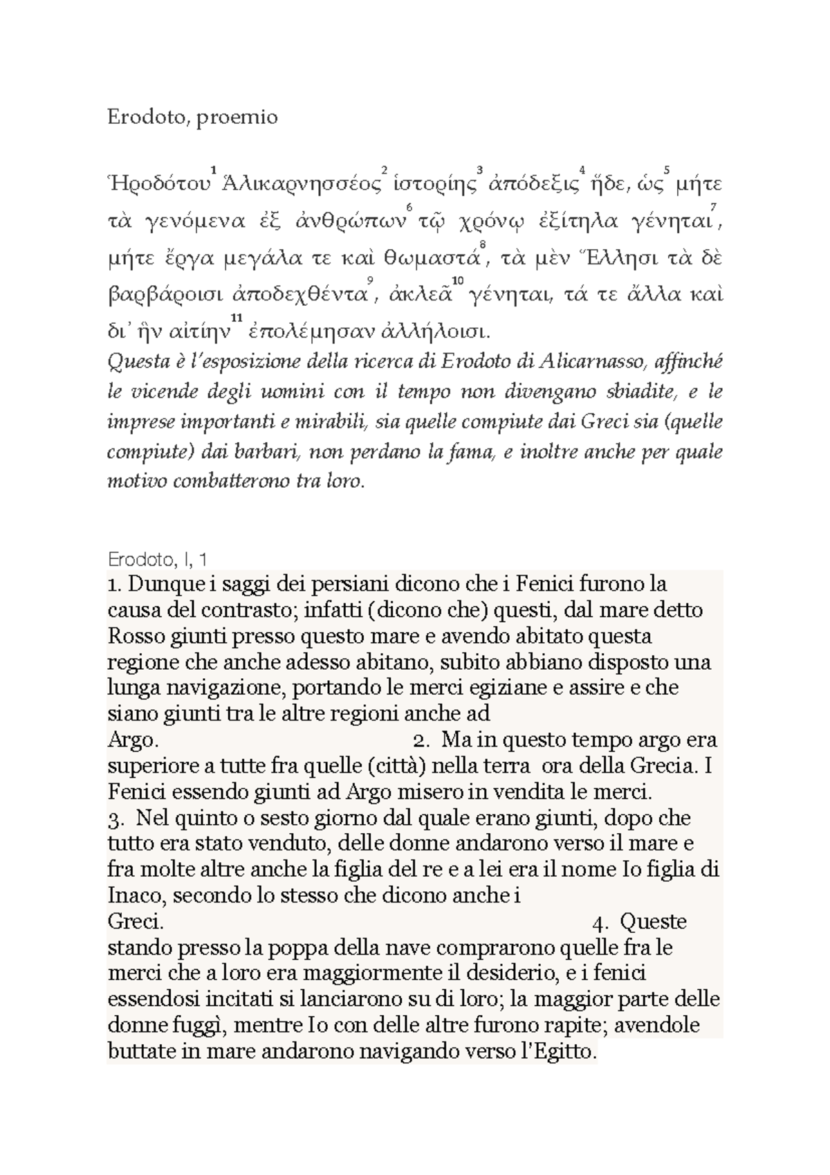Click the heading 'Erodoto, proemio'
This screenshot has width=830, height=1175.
[192, 118]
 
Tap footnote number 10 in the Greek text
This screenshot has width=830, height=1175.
[456, 280]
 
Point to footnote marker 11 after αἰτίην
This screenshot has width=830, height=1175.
[236, 318]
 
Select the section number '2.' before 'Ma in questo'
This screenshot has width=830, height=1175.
[421, 740]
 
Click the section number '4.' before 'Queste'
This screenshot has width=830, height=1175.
[601, 922]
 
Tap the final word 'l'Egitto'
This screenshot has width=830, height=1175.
[560, 1052]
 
